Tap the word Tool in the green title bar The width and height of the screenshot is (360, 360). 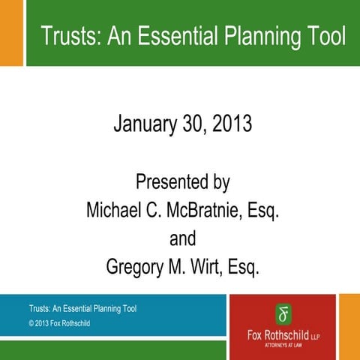(x=328, y=35)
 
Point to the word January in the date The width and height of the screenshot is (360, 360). (x=145, y=123)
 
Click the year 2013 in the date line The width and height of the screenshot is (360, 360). (x=229, y=123)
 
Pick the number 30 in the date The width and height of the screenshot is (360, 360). (x=190, y=123)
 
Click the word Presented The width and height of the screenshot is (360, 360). (x=167, y=182)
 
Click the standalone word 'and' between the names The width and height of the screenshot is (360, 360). (x=182, y=239)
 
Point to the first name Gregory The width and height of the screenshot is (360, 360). (x=136, y=268)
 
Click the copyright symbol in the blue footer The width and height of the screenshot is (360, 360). (x=32, y=323)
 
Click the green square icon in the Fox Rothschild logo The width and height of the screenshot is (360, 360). (x=283, y=312)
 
